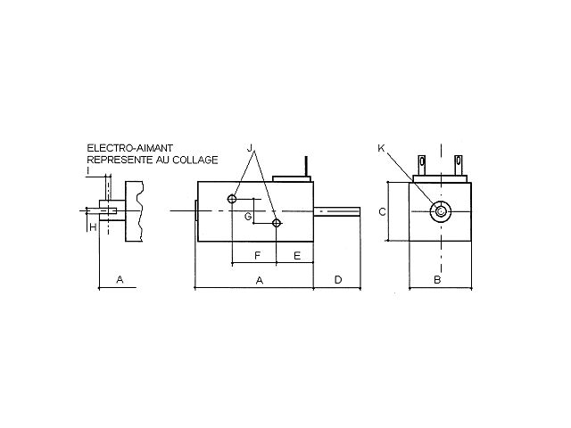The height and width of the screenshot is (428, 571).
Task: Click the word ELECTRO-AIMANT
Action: (x=129, y=148)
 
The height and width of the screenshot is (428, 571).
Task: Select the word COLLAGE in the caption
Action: (x=195, y=160)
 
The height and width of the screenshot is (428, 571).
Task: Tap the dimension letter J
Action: (x=250, y=148)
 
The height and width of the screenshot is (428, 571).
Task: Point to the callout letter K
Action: (x=381, y=148)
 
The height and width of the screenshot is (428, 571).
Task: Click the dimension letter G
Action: (x=248, y=217)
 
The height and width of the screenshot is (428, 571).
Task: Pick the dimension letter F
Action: (x=258, y=256)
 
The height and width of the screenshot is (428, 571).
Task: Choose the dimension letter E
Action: (x=297, y=256)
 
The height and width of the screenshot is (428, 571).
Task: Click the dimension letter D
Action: (x=338, y=279)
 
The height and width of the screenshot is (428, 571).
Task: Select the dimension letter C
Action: (x=383, y=211)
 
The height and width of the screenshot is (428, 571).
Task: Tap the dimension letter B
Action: (x=437, y=279)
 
